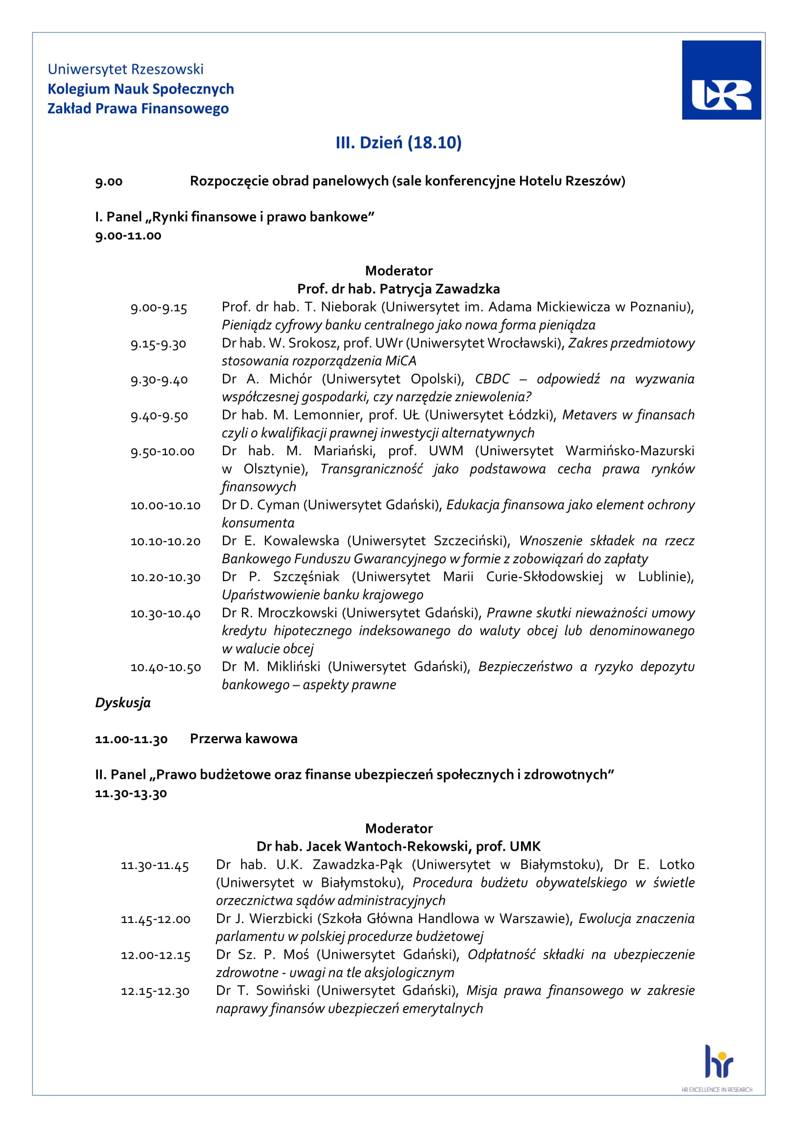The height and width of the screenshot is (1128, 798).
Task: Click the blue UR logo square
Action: click(721, 80)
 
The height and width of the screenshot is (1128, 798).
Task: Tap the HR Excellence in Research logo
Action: click(718, 1075)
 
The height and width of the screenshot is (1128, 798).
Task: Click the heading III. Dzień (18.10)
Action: click(399, 143)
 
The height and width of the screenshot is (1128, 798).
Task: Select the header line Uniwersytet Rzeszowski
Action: click(125, 69)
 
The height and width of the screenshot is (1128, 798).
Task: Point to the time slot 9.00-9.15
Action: click(159, 308)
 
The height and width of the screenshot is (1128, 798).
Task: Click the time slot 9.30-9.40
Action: click(159, 380)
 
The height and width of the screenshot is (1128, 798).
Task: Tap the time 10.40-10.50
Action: click(165, 667)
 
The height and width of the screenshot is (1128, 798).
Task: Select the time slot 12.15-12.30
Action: click(155, 992)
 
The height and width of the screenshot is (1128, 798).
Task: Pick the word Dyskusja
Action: click(123, 703)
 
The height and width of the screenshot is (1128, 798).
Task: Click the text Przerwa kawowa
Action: click(244, 739)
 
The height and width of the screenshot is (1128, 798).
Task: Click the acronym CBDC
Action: click(493, 379)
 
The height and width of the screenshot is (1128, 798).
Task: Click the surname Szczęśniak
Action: click(306, 577)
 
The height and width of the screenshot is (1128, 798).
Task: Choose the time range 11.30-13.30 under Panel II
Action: click(131, 793)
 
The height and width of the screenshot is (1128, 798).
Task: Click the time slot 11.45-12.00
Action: click(155, 919)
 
